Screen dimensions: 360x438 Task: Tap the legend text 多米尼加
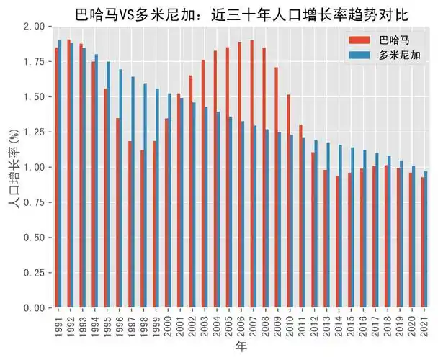[399, 55]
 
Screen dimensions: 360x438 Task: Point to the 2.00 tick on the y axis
[33, 27]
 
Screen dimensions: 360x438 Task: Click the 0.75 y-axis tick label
[33, 202]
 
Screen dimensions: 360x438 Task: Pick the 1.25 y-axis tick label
[33, 132]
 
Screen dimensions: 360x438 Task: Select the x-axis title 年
[242, 349]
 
